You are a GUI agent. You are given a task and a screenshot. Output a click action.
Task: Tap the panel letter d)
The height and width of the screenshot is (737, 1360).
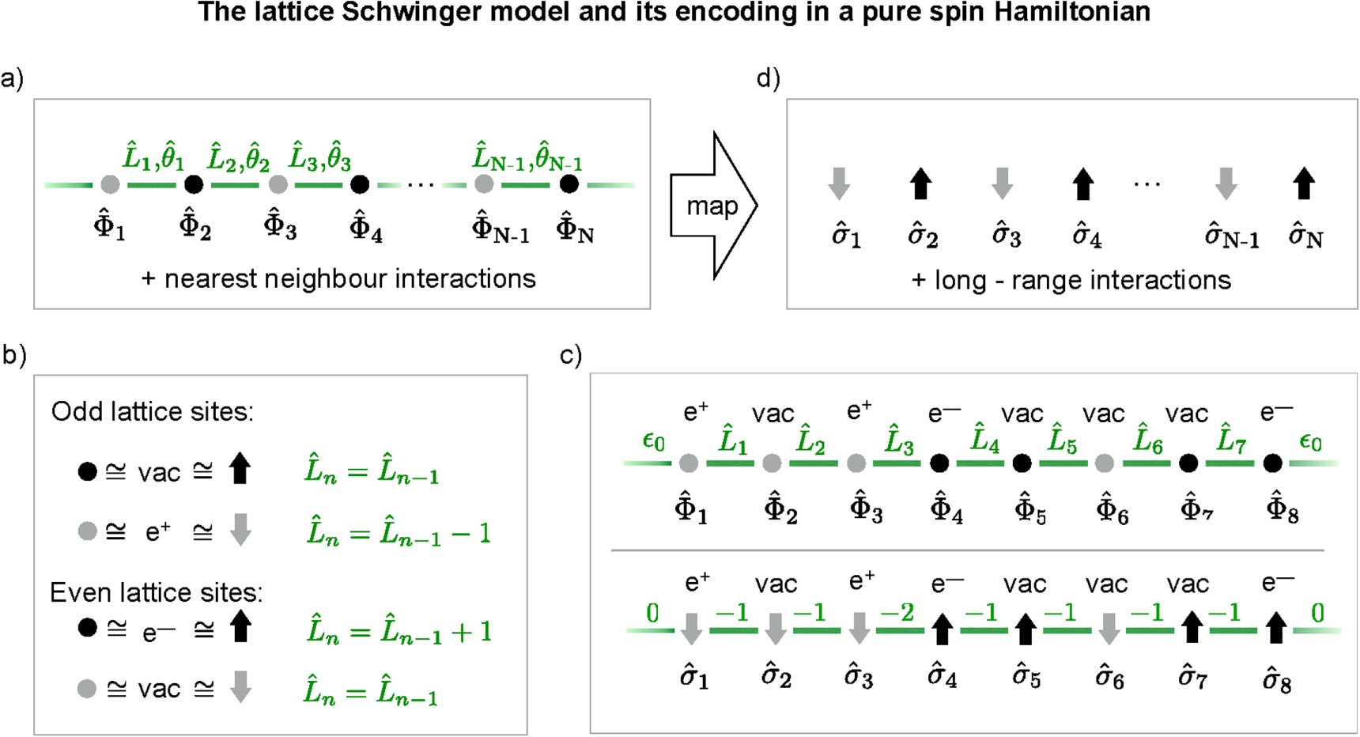coord(768,78)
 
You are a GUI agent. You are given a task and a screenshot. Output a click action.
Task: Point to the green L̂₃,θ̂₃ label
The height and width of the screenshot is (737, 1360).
coord(319,157)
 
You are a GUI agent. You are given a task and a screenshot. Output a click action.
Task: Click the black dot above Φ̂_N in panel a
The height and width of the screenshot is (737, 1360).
coord(569,184)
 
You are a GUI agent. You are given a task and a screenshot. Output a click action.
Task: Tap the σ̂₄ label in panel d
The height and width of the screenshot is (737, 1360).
coord(1087,235)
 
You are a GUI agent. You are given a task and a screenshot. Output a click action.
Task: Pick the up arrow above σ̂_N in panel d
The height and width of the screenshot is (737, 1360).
coord(1304,183)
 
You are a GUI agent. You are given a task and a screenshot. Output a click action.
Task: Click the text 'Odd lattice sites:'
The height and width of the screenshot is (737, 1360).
coord(152,411)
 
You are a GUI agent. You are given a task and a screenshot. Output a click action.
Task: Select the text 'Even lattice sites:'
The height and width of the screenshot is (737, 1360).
coord(156,592)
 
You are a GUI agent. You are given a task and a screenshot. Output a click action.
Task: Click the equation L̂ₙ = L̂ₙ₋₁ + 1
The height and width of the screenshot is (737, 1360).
coord(399,631)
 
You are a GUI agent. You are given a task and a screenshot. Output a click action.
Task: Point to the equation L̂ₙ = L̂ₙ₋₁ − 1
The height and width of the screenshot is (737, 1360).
coord(399,533)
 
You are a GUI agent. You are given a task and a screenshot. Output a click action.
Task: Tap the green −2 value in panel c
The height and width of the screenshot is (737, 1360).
coord(897,613)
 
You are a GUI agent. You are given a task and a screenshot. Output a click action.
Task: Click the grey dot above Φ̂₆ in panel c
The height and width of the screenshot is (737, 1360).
coord(1105,463)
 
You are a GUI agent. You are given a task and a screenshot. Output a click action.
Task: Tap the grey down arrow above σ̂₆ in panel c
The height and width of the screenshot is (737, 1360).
coord(1109,629)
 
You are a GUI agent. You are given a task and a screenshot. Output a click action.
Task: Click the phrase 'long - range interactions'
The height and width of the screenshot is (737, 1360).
coord(1083,280)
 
